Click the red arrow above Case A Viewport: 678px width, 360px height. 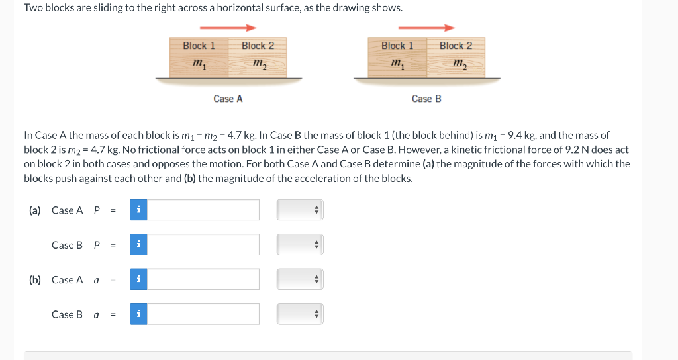[x=228, y=28]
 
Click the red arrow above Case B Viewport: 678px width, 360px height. [x=426, y=28]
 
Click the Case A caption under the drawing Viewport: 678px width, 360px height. [x=228, y=99]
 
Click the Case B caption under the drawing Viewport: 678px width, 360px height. [x=426, y=99]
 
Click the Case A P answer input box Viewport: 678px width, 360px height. [x=203, y=210]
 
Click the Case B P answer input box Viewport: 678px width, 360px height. [x=203, y=245]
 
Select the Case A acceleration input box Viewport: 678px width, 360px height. [x=203, y=279]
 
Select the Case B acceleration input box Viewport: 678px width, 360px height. [x=203, y=314]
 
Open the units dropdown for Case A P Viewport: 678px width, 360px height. [x=300, y=210]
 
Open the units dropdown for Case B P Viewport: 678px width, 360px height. [x=300, y=245]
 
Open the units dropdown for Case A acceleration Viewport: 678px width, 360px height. [x=300, y=279]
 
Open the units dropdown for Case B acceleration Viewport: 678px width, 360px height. [x=300, y=314]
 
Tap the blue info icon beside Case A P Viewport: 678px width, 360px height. [x=138, y=210]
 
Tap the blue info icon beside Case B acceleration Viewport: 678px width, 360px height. [x=138, y=314]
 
